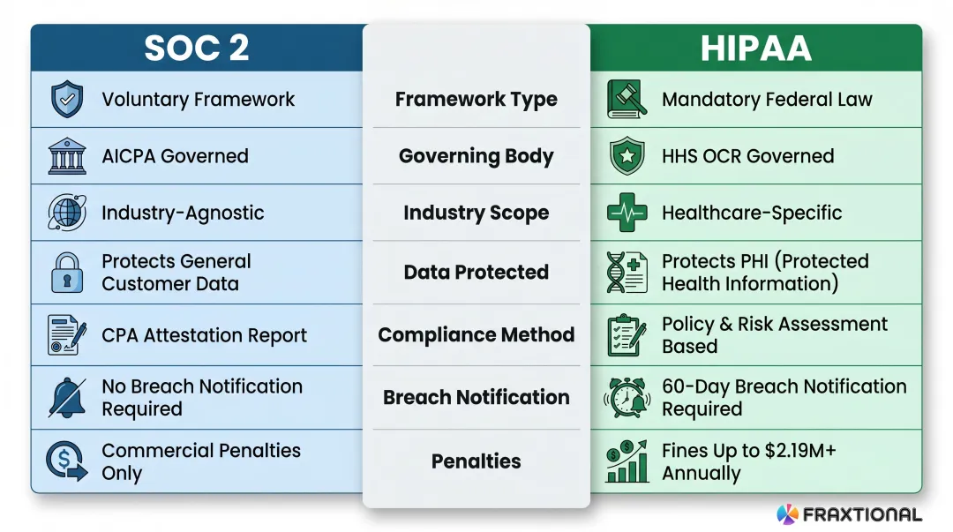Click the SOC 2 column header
click(x=197, y=49)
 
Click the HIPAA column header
click(x=755, y=49)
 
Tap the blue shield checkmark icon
click(x=67, y=100)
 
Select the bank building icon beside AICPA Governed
click(x=67, y=156)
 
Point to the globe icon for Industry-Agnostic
click(x=67, y=213)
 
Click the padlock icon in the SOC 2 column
click(x=67, y=273)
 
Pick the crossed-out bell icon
click(x=67, y=398)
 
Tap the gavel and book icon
click(x=627, y=100)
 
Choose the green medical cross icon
click(x=627, y=213)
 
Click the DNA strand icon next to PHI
click(x=627, y=273)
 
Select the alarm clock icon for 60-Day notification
click(x=627, y=398)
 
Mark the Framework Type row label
click(x=476, y=100)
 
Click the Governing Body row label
click(x=476, y=157)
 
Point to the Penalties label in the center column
click(x=476, y=461)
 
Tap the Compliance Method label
click(x=476, y=335)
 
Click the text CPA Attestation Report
click(x=204, y=336)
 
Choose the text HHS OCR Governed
click(x=747, y=156)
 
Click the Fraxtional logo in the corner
click(x=848, y=514)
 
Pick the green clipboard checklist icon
click(x=627, y=335)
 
